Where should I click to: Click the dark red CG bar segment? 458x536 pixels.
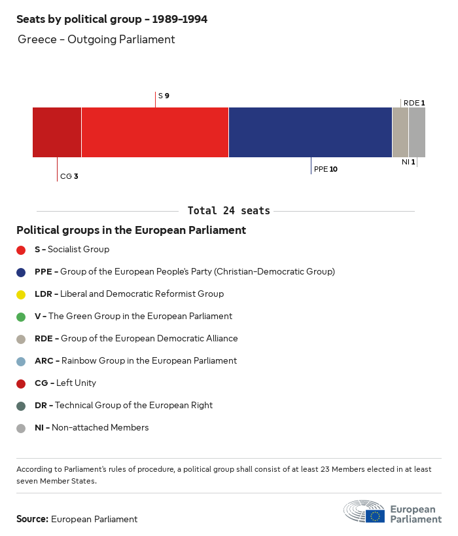click(x=57, y=132)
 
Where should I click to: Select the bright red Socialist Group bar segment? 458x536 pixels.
click(x=155, y=132)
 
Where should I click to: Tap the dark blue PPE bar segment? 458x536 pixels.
click(x=310, y=132)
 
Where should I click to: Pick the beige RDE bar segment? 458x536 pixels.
click(x=400, y=132)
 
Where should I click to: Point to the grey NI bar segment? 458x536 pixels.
click(x=417, y=132)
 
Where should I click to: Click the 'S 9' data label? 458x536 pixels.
click(x=164, y=96)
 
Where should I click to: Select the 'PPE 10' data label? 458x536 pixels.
click(x=326, y=169)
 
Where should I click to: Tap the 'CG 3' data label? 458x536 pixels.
click(x=69, y=176)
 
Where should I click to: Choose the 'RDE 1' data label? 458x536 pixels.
click(x=414, y=103)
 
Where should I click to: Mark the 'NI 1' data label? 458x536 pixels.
click(x=408, y=162)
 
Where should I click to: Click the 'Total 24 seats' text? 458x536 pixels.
click(x=228, y=210)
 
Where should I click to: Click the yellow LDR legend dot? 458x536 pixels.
click(x=21, y=294)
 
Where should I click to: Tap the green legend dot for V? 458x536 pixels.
click(x=21, y=316)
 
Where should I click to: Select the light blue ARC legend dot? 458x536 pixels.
click(x=21, y=361)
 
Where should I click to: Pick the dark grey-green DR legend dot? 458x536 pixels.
click(x=21, y=406)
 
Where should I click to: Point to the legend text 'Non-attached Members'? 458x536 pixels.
click(x=100, y=427)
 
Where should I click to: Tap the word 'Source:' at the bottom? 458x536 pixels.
click(x=32, y=519)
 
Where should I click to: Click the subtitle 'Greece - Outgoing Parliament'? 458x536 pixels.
click(x=96, y=39)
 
